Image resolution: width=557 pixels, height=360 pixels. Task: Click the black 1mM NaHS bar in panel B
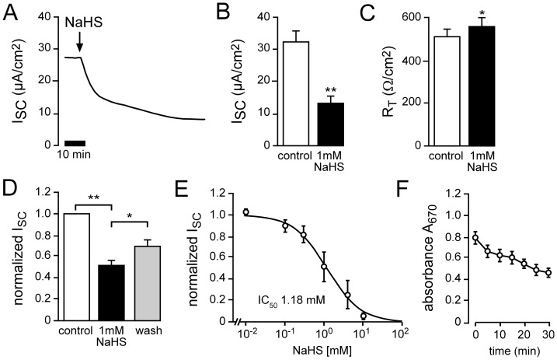[x=331, y=124]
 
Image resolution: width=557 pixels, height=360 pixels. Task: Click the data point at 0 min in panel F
[x=475, y=238]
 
